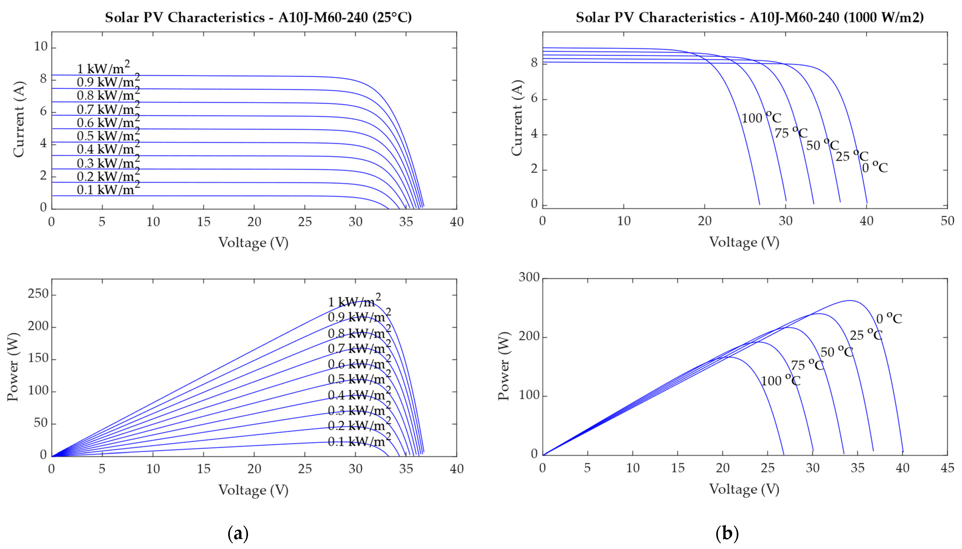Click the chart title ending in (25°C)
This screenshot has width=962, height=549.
(x=258, y=18)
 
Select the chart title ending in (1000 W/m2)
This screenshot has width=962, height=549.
(x=749, y=18)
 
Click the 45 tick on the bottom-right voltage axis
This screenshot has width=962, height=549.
(x=947, y=468)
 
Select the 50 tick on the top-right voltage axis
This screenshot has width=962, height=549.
(x=947, y=221)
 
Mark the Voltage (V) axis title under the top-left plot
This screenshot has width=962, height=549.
(x=253, y=242)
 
